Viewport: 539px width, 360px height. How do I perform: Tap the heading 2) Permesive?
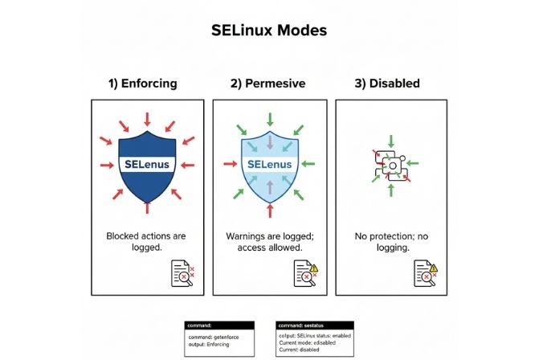(269, 83)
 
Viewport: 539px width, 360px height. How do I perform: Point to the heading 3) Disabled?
(387, 83)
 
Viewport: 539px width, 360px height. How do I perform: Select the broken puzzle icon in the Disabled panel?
(391, 164)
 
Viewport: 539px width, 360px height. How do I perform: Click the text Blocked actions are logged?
(147, 242)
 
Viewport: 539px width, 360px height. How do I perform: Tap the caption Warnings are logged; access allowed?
(269, 242)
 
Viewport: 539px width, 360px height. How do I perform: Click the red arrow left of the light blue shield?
(229, 164)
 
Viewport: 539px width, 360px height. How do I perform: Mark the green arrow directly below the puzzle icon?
(391, 190)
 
